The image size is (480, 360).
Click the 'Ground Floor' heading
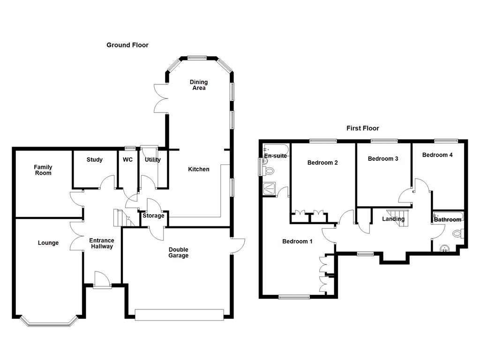(x=127, y=45)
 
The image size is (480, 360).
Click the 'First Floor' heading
(x=362, y=128)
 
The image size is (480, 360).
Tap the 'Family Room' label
(x=43, y=170)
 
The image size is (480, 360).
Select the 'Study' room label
(x=94, y=160)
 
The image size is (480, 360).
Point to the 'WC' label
(x=127, y=160)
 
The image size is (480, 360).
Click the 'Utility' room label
(x=152, y=160)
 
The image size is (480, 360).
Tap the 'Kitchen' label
(x=199, y=169)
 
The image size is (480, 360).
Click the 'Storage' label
(x=153, y=216)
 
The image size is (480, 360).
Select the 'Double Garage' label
(x=178, y=253)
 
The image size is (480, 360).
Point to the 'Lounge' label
(x=48, y=243)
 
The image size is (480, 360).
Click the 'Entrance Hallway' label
(x=102, y=243)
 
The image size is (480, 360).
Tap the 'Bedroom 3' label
(x=382, y=159)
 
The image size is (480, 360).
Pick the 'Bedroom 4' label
(x=437, y=155)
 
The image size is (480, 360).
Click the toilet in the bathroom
(x=458, y=233)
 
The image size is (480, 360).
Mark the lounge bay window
(x=49, y=322)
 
